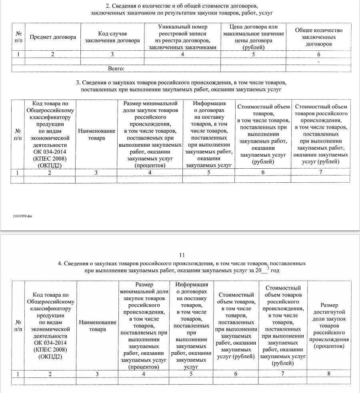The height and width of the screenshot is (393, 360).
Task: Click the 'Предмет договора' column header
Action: tap(53, 37)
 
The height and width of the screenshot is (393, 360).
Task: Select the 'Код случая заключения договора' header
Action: tap(112, 37)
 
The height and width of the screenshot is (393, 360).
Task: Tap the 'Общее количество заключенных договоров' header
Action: tap(318, 37)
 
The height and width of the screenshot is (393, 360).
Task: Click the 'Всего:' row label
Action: tap(116, 69)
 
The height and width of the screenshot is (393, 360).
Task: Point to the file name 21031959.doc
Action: tap(22, 216)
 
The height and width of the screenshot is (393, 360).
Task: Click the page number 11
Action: tap(182, 255)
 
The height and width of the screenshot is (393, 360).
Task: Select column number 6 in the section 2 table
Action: tap(319, 55)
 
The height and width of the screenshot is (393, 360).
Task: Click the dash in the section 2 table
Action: tap(318, 62)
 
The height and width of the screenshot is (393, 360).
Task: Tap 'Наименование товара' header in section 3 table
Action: tap(97, 134)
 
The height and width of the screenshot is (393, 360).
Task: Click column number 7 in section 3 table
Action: tap(321, 172)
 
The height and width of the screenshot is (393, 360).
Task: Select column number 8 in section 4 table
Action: tap(329, 374)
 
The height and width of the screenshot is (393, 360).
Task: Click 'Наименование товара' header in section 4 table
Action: tap(98, 325)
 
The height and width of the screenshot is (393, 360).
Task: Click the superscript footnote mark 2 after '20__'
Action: tap(268, 268)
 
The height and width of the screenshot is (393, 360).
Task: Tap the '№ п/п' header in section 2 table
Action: tap(18, 37)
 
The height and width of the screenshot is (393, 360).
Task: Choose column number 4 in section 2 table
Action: tap(182, 55)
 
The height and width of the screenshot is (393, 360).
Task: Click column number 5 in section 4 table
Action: tap(191, 374)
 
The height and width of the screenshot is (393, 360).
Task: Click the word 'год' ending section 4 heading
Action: tap(274, 271)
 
